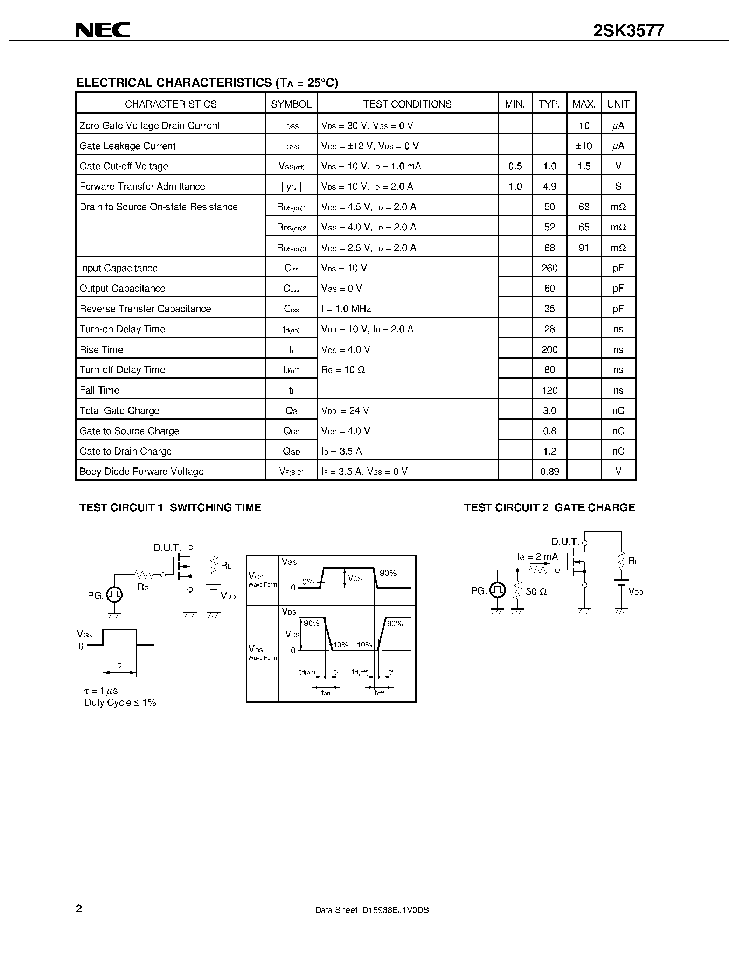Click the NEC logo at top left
(x=103, y=30)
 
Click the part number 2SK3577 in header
(x=628, y=31)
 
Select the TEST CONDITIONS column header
(x=407, y=104)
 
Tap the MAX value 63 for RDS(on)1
(x=584, y=207)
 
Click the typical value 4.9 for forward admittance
(x=549, y=187)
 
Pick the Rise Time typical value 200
(x=549, y=350)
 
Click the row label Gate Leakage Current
(x=127, y=146)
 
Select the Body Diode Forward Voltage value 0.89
(x=549, y=471)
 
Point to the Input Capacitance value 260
(x=549, y=268)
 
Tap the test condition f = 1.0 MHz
(x=346, y=309)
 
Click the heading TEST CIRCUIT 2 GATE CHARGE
(x=549, y=507)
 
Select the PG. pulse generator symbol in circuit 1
(x=114, y=595)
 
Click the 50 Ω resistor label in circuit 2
(x=536, y=592)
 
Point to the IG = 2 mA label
(x=537, y=557)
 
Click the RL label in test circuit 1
(x=226, y=566)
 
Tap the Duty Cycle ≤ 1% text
(x=120, y=702)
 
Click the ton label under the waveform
(x=326, y=693)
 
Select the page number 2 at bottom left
(x=79, y=908)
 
